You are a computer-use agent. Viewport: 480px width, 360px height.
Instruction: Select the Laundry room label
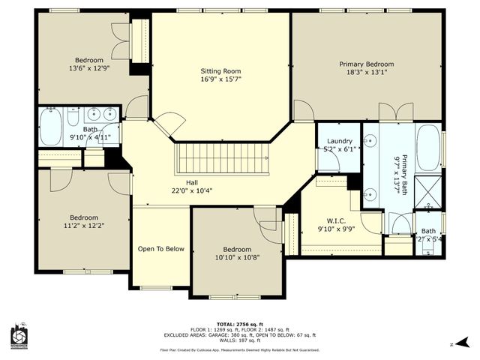[x=340, y=140]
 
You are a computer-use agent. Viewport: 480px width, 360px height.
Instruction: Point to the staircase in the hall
[x=221, y=159]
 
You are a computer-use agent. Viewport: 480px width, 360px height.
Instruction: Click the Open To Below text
[x=160, y=249]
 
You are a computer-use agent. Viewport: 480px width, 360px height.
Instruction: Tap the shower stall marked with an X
[x=429, y=189]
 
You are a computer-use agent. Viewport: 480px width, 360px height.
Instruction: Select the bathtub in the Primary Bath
[x=429, y=147]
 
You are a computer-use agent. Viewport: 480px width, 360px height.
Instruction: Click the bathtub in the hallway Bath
[x=51, y=127]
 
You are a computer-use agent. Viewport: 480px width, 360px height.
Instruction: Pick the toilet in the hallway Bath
[x=73, y=118]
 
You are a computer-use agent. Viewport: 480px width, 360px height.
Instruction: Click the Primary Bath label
[x=403, y=173]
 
